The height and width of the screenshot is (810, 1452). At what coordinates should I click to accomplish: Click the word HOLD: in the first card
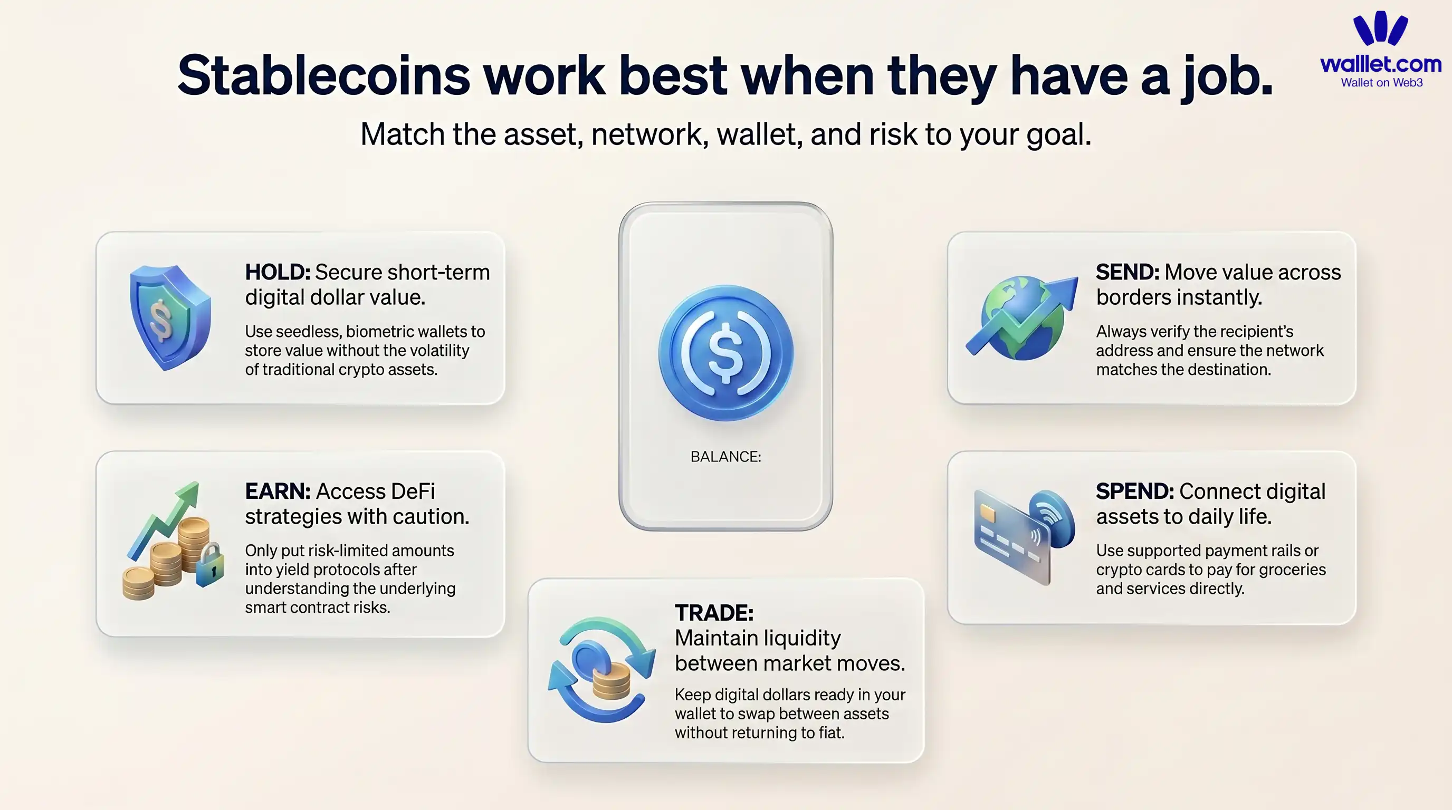click(x=277, y=272)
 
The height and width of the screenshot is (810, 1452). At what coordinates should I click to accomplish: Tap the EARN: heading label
click(x=278, y=491)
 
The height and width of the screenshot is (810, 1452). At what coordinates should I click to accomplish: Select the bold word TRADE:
click(x=713, y=613)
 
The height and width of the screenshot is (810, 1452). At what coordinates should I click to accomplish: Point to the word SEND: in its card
click(x=1127, y=272)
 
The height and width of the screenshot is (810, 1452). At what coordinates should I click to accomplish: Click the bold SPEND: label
click(x=1134, y=491)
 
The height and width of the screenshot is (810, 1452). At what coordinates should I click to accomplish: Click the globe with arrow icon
click(x=1021, y=319)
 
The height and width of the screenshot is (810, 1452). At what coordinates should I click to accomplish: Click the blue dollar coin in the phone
click(x=725, y=353)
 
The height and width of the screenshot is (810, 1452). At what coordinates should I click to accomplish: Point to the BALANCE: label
click(x=725, y=457)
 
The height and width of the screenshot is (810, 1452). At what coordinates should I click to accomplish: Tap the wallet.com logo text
click(x=1380, y=64)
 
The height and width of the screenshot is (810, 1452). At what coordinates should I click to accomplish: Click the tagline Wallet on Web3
click(x=1381, y=83)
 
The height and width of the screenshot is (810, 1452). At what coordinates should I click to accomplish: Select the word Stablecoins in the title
click(x=323, y=76)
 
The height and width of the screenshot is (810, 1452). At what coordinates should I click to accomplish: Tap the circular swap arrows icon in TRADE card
click(x=601, y=670)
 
